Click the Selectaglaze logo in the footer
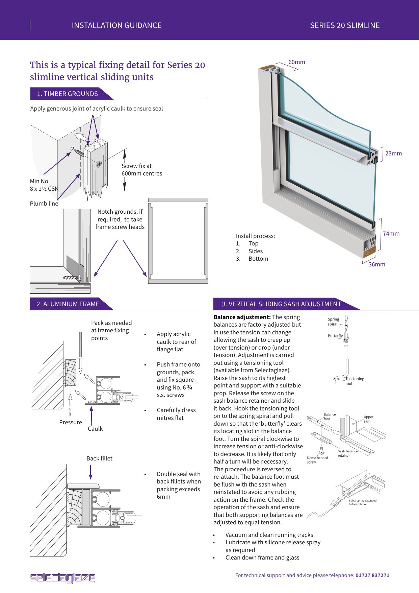tap(62, 578)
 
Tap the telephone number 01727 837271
tap(372, 575)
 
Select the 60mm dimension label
tap(296, 62)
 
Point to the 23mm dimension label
tap(393, 153)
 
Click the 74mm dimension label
tap(391, 234)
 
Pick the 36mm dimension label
tap(376, 264)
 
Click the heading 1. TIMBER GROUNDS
tap(68, 94)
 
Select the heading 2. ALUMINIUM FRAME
tap(68, 304)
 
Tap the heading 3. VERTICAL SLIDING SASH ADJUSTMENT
tap(281, 304)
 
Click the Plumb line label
tap(44, 204)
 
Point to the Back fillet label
tap(99, 458)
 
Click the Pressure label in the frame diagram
tap(70, 422)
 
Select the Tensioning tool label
tap(354, 381)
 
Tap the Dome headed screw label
tap(317, 460)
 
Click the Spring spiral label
tap(333, 322)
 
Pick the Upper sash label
tap(368, 419)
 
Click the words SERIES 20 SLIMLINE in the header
tap(345, 25)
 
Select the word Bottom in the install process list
tap(258, 259)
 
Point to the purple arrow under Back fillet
tap(90, 472)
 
